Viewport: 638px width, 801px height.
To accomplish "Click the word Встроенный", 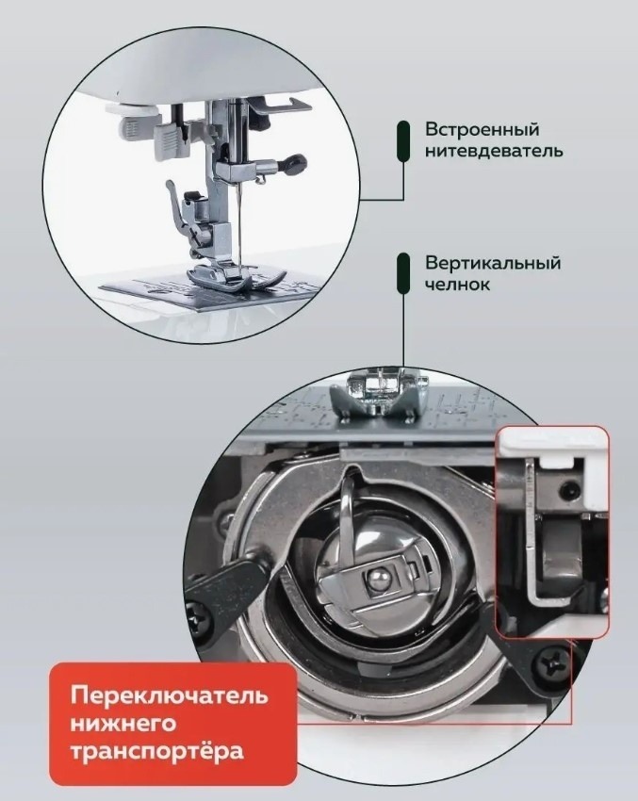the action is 483,129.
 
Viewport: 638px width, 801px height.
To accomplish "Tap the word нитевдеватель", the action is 495,151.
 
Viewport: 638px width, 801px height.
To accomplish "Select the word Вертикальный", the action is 493,263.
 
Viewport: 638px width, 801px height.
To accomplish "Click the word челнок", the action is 458,285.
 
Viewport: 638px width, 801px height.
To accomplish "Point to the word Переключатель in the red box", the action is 169,695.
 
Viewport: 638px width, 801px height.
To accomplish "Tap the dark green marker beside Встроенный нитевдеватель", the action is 403,141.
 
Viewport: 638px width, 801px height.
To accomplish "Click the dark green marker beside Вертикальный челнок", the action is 403,273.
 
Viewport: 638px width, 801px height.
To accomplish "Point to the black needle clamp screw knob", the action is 295,164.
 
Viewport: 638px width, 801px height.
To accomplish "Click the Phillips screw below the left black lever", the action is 200,615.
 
